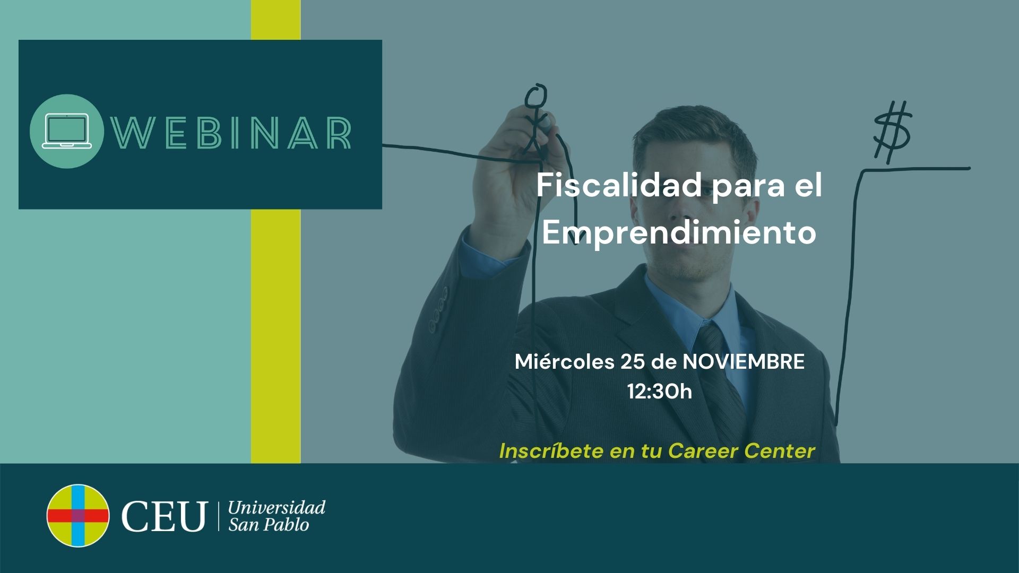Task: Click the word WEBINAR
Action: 231,132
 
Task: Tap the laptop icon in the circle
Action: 67,131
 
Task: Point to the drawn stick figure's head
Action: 536,98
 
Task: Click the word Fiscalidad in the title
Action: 619,186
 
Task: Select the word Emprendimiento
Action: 679,232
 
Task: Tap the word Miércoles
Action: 564,362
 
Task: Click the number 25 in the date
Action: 632,362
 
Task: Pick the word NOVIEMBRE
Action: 744,362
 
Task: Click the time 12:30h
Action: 660,392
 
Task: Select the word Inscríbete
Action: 551,451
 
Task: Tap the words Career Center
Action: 741,451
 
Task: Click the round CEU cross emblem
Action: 78,515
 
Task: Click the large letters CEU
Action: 163,516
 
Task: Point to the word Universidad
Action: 277,507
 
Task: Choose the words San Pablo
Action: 269,525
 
